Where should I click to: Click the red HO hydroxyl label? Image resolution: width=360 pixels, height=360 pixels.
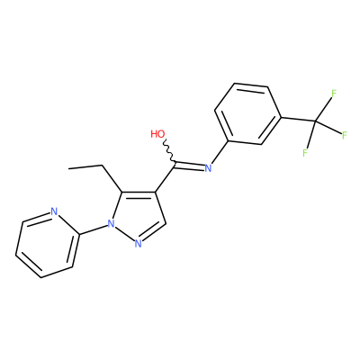tap(157, 134)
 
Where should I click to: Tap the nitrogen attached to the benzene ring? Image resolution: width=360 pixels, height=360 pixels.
tap(208, 167)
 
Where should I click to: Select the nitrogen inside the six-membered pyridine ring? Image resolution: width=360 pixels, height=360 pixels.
tap(54, 211)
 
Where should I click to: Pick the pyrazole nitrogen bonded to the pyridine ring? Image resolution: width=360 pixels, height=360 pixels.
tap(111, 223)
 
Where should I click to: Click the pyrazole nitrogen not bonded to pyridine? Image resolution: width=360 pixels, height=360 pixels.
tap(138, 243)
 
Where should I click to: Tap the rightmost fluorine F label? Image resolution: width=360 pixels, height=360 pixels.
tap(345, 135)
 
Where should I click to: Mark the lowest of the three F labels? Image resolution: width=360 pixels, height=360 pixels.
tap(305, 153)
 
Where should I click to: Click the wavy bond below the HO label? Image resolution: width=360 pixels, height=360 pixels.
tap(168, 151)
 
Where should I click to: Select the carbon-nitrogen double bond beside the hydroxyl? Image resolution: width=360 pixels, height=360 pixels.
tap(189, 165)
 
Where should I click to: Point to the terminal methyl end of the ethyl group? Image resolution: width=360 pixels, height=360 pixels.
tap(69, 168)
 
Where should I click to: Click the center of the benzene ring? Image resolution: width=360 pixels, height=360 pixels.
tap(247, 114)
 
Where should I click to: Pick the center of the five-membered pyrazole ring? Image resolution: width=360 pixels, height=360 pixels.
tap(139, 216)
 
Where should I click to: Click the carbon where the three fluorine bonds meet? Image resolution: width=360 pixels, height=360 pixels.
tap(315, 121)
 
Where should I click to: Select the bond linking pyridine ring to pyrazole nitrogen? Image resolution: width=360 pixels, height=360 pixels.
tap(94, 229)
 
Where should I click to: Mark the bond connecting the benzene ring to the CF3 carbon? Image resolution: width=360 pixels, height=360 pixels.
tap(298, 120)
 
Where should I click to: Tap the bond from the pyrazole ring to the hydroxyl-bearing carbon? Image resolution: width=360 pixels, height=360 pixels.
tap(165, 177)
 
